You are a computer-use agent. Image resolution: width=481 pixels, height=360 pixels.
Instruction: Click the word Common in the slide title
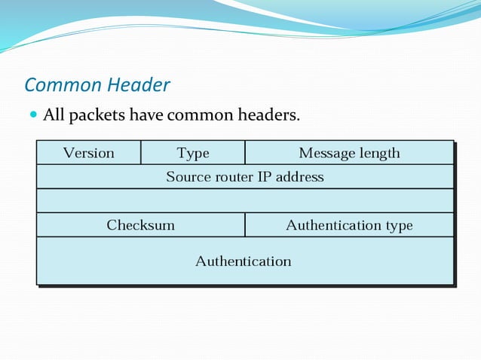pyautogui.click(x=59, y=85)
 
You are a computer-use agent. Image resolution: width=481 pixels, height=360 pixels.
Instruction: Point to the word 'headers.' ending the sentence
pyautogui.click(x=269, y=115)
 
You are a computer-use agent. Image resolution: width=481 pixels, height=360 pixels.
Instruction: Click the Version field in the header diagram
pyautogui.click(x=89, y=153)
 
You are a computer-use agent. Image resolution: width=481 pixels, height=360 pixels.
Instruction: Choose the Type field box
pyautogui.click(x=193, y=153)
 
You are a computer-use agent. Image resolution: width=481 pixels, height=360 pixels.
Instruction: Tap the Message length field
pyautogui.click(x=349, y=153)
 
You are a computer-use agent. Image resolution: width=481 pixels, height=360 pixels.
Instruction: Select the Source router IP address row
pyautogui.click(x=245, y=177)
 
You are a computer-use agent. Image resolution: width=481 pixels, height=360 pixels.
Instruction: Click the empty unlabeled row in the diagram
pyautogui.click(x=245, y=201)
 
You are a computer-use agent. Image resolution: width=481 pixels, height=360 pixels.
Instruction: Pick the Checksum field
pyautogui.click(x=141, y=225)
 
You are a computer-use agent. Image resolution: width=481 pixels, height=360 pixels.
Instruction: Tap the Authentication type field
pyautogui.click(x=349, y=225)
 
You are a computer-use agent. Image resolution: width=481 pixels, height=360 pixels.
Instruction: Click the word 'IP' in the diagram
pyautogui.click(x=265, y=177)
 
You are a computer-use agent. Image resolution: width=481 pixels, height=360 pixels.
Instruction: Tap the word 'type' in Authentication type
pyautogui.click(x=399, y=226)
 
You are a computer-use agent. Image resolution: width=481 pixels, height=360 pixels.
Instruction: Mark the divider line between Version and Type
pyautogui.click(x=141, y=153)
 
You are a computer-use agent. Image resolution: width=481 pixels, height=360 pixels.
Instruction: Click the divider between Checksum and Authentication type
pyautogui.click(x=245, y=225)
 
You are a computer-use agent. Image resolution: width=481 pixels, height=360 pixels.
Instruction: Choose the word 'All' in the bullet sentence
pyautogui.click(x=54, y=115)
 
